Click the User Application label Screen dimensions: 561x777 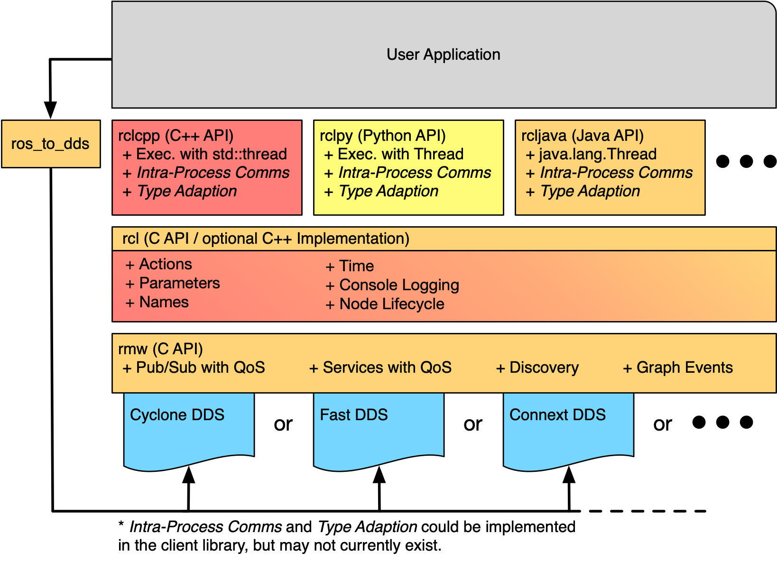[x=443, y=55]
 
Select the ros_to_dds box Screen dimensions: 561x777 [x=50, y=144]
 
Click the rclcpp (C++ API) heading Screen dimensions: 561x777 [x=176, y=136]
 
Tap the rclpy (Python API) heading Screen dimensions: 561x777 [x=383, y=136]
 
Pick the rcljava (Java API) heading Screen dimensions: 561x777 [x=583, y=136]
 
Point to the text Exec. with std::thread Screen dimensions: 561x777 [x=211, y=154]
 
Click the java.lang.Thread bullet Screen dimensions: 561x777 [x=597, y=154]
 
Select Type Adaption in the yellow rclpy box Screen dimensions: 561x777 [x=388, y=191]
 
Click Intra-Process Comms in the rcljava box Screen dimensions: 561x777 [x=616, y=173]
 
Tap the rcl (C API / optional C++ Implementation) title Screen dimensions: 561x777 [x=266, y=239]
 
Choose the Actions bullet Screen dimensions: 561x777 [x=165, y=264]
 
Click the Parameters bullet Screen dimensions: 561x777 [x=179, y=283]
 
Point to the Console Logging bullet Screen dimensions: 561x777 [x=399, y=285]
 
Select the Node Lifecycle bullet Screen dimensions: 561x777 [x=391, y=304]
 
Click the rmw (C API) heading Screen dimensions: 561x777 [x=161, y=349]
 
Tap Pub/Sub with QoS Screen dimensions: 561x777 [x=200, y=368]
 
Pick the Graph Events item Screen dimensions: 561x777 [x=684, y=368]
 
